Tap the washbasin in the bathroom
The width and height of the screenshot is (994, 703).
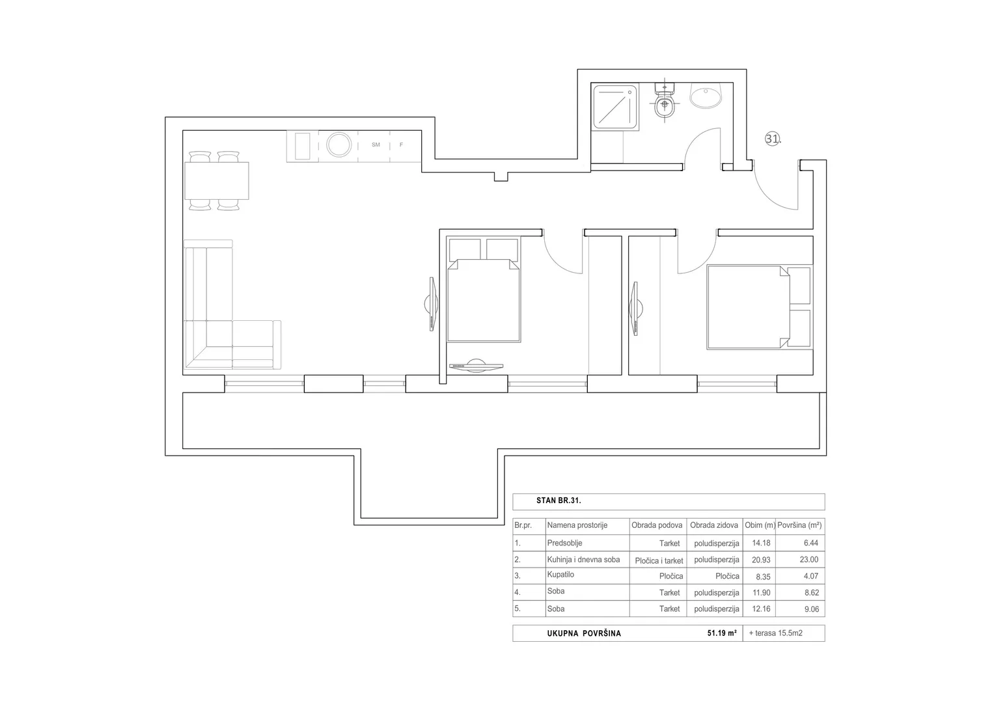(705, 96)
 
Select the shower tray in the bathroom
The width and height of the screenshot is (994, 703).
(614, 107)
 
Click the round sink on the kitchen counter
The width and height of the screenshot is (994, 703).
(339, 145)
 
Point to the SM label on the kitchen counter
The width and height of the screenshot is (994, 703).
(376, 145)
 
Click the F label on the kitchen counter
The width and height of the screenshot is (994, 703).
(401, 145)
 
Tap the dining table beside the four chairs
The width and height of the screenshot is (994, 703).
(217, 181)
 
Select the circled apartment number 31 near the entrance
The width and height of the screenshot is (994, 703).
(772, 139)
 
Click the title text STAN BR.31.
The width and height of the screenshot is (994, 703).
(559, 501)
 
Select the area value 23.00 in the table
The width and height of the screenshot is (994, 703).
(809, 560)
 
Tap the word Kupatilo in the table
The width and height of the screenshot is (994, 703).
(560, 575)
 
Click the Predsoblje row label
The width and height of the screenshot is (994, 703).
(564, 544)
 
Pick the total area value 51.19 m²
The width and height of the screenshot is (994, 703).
(722, 633)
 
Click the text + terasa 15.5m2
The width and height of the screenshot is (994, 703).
(776, 633)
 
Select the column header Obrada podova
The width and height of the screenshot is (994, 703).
(657, 525)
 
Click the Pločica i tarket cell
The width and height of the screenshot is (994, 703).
(659, 561)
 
